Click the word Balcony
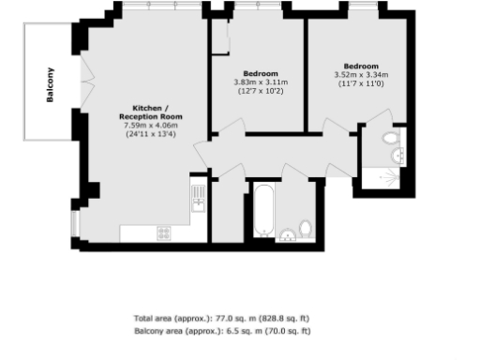click(x=51, y=87)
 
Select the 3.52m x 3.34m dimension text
click(x=360, y=76)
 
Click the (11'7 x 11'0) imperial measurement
click(x=360, y=84)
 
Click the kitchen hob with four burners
click(x=164, y=232)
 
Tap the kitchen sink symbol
click(x=198, y=197)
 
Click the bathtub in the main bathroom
click(x=263, y=212)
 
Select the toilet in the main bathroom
click(x=306, y=229)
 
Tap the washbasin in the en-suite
click(x=401, y=156)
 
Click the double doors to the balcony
click(x=87, y=85)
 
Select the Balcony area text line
click(x=222, y=331)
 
